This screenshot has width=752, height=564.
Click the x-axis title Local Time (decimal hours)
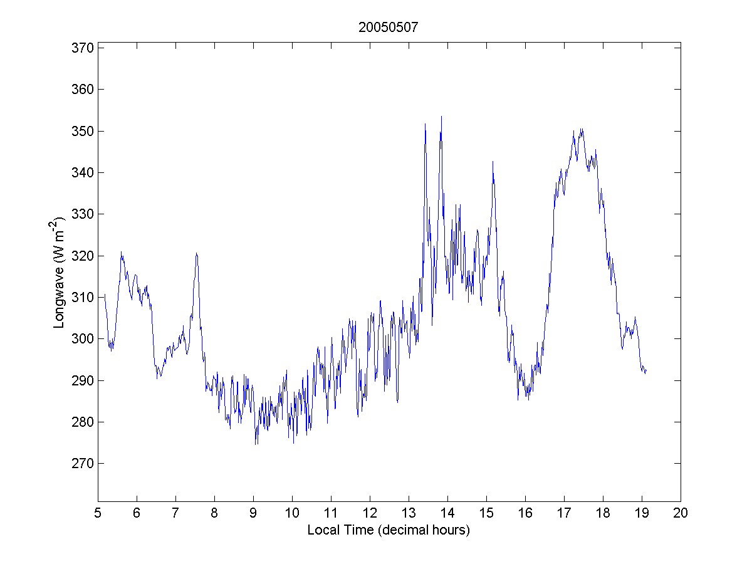point(389,530)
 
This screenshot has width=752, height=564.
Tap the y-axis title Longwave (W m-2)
point(60,273)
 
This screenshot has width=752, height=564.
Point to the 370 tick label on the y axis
point(83,48)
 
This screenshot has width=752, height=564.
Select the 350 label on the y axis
point(83,131)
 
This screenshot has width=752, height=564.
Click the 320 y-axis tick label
point(83,256)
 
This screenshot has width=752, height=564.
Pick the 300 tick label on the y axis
point(83,339)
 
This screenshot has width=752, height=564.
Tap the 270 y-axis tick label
point(83,464)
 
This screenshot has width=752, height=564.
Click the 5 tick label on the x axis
point(98,513)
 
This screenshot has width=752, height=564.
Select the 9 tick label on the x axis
point(253,513)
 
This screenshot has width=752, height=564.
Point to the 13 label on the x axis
point(409,513)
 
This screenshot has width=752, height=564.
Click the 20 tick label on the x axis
point(681,513)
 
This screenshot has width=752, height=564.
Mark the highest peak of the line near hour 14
point(441,117)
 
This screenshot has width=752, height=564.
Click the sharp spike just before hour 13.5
point(425,124)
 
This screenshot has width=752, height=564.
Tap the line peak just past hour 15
point(493,162)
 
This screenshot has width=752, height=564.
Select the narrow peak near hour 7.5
point(196,253)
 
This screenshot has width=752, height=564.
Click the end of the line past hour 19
point(645,372)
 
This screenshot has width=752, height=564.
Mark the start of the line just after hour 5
point(105,295)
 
